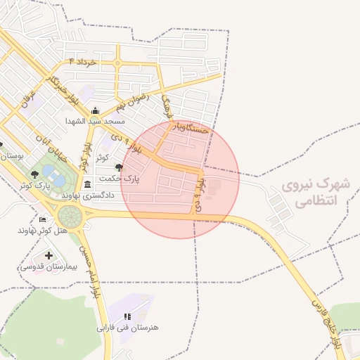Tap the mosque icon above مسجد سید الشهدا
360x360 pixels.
[x=96, y=110]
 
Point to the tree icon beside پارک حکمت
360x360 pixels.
[x=118, y=167]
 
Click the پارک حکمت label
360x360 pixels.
[x=137, y=179]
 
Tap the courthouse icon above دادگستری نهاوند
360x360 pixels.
[x=88, y=185]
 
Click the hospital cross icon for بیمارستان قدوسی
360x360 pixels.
[x=49, y=255]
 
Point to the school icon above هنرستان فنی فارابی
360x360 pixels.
[x=127, y=317]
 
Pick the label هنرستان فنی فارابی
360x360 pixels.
[x=128, y=328]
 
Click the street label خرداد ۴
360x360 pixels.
[x=86, y=63]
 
